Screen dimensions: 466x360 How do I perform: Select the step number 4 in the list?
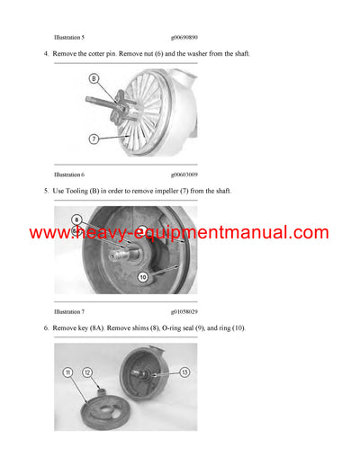tap(46, 55)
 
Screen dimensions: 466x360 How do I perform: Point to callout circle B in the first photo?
tap(93, 78)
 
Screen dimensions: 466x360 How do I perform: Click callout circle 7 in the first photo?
tap(93, 138)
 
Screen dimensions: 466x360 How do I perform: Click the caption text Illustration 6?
tap(69, 174)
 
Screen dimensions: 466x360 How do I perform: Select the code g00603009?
tap(184, 174)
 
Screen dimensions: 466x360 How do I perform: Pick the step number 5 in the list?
tap(46, 193)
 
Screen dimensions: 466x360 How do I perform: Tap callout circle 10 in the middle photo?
tap(142, 278)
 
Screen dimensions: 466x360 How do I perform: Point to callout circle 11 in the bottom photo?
tap(68, 372)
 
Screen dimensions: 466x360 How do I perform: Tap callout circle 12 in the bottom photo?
tap(88, 372)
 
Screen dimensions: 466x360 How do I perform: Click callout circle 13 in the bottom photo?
tap(184, 372)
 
